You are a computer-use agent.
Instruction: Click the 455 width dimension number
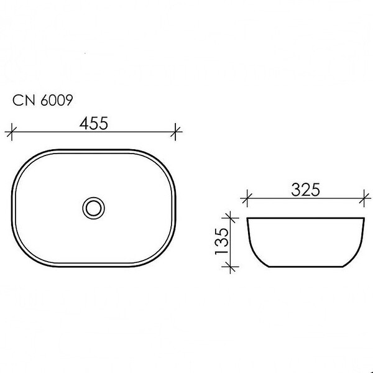94,123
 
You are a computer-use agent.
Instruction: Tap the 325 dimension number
306,190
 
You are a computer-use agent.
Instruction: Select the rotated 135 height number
222,241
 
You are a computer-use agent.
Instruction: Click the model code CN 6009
42,100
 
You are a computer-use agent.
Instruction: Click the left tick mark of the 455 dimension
12,132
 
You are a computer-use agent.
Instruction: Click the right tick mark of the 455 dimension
175,132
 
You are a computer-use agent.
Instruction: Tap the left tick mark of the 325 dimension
247,198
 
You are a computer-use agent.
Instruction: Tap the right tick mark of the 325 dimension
364,198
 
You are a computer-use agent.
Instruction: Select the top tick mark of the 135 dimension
230,218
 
